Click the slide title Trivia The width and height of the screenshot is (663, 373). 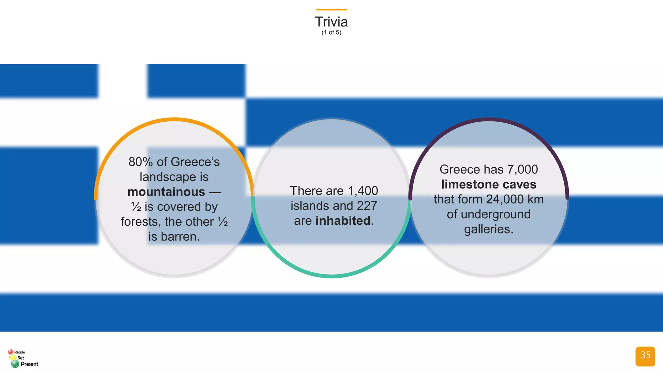coord(331,22)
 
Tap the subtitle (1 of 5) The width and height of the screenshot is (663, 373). coord(331,32)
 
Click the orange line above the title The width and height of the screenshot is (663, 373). coord(331,10)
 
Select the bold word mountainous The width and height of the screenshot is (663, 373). coord(166,192)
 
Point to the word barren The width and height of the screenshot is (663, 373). coord(180,237)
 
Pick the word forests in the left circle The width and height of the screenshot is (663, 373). coord(140,222)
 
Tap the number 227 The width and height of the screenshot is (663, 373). coord(367,206)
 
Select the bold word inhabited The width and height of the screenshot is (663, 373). coord(343,221)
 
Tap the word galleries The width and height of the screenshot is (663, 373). coord(489,229)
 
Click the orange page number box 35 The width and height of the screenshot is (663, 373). coord(645,356)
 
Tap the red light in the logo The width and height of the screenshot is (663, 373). coord(11,352)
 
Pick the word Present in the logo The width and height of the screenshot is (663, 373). coord(29,364)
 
